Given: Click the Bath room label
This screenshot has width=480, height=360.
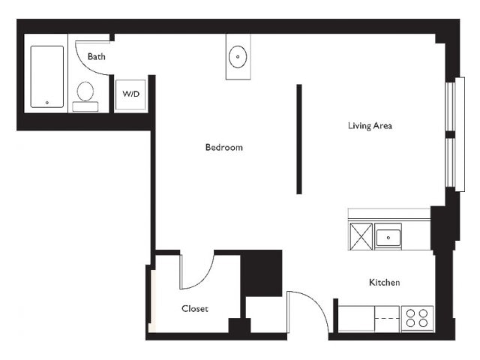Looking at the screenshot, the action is click(97, 57).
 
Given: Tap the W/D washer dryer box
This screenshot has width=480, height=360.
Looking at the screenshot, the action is click(130, 94).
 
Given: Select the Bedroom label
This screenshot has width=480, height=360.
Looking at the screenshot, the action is click(224, 148).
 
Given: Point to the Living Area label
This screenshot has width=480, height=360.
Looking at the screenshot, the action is click(370, 126).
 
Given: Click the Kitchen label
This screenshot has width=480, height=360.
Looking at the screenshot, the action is click(384, 282).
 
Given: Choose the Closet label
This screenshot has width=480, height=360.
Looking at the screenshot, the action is click(195, 308).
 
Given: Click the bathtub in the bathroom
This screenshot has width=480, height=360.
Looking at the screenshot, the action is click(47, 76).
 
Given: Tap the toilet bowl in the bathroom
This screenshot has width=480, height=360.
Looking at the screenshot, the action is click(85, 91).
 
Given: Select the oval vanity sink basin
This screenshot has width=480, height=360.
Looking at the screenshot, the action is click(238, 57).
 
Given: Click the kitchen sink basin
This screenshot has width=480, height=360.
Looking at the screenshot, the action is click(388, 238).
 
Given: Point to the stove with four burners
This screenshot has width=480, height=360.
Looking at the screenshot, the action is click(417, 318).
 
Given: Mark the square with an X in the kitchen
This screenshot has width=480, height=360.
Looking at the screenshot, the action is click(361, 236).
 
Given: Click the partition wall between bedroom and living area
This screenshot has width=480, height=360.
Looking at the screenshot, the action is click(299, 139).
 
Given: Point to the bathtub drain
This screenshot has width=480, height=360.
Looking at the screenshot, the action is click(47, 103).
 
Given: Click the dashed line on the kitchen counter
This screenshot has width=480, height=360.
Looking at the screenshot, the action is click(387, 319).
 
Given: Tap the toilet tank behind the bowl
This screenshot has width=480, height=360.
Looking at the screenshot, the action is click(85, 106).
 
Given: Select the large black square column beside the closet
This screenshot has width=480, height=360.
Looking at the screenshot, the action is click(262, 273).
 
